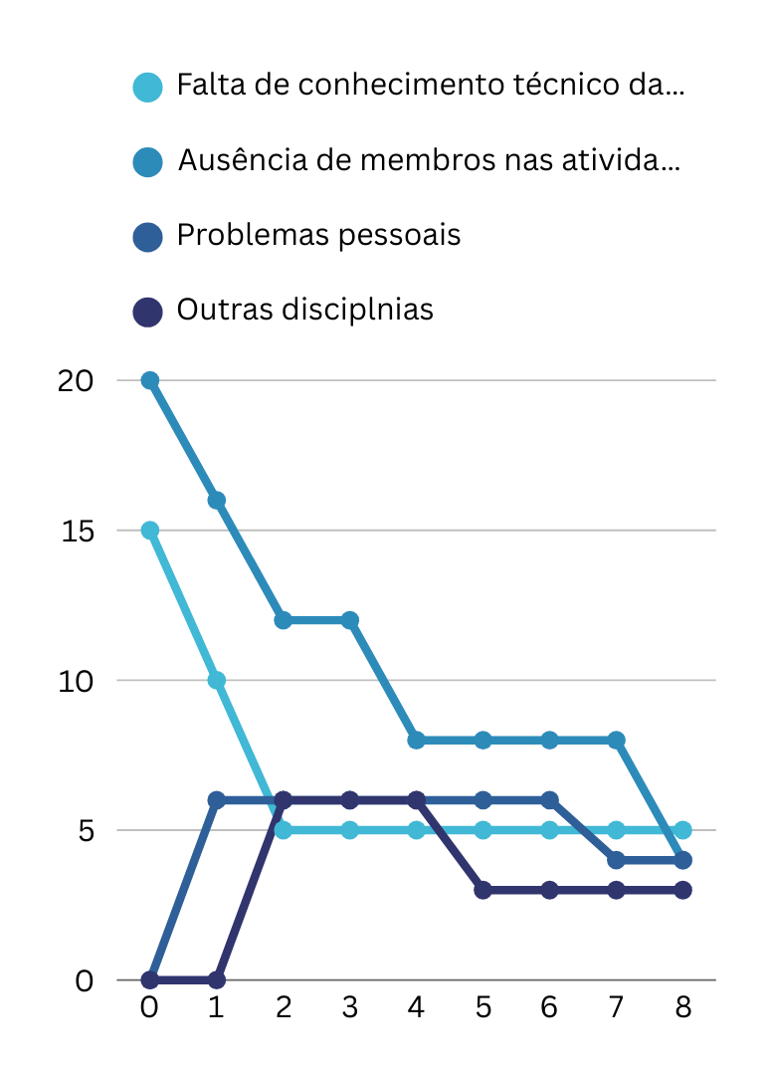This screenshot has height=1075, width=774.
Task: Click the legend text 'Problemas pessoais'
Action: tap(318, 236)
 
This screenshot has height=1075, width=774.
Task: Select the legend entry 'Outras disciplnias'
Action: tap(304, 310)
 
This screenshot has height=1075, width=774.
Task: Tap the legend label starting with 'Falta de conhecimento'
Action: tap(430, 86)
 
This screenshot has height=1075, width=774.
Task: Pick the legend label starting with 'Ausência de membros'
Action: tap(429, 160)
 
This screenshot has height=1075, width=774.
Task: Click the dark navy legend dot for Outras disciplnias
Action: tap(147, 312)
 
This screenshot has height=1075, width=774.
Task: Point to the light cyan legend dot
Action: tap(147, 87)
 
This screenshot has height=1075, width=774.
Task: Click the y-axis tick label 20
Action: tap(76, 381)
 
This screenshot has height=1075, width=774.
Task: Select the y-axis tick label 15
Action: tap(76, 531)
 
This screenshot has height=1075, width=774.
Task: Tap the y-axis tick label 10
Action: tap(76, 681)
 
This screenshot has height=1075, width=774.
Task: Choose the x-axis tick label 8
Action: tap(682, 1007)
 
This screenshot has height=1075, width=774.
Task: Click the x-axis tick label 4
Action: tap(416, 1007)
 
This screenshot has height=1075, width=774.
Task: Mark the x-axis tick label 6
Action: tap(549, 1007)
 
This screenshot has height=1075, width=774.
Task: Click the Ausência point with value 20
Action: tap(150, 380)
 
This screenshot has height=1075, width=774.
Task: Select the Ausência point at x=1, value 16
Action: tap(217, 501)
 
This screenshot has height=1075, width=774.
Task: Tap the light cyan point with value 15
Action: tap(150, 531)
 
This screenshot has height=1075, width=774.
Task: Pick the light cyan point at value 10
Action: tap(217, 681)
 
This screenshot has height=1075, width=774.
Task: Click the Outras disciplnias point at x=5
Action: tap(483, 890)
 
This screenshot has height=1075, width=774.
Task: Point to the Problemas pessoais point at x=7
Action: tap(616, 860)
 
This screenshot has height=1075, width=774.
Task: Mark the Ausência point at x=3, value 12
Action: tap(350, 620)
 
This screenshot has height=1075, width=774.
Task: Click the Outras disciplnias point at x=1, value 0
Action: tap(217, 980)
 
